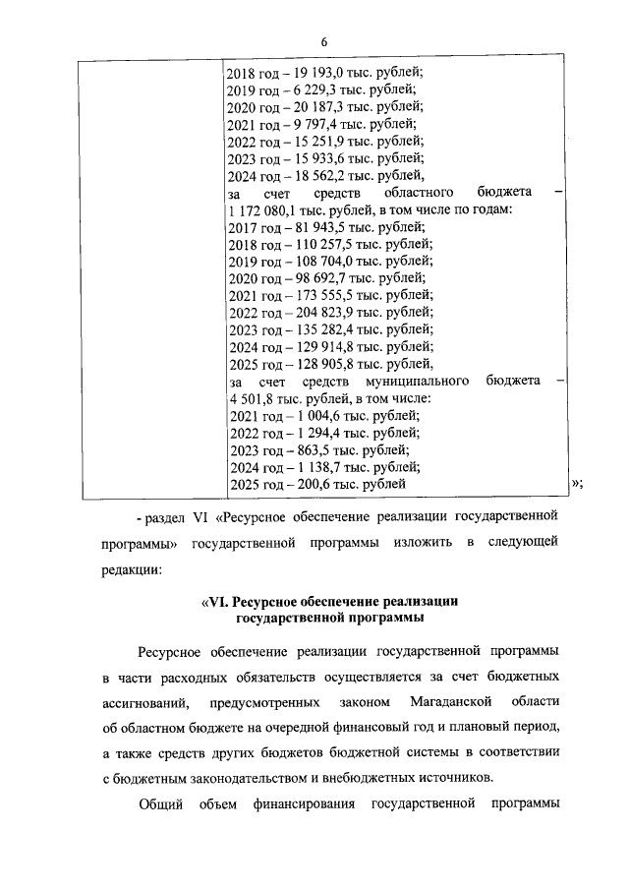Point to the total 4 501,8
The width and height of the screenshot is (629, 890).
pos(251,397)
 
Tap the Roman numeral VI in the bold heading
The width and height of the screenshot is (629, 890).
pos(208,600)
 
